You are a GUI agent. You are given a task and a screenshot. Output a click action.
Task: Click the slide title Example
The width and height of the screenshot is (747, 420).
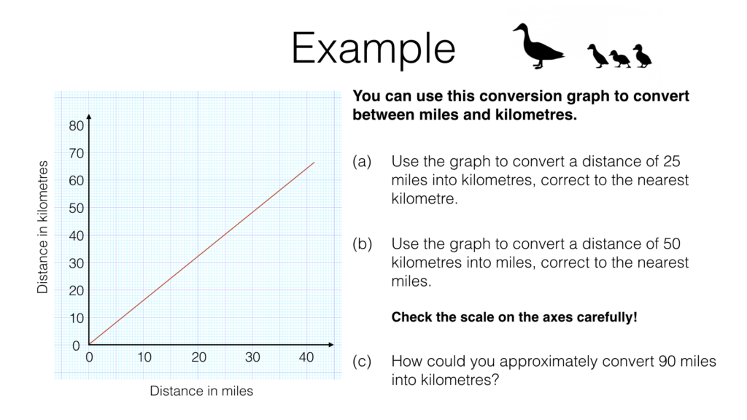373,49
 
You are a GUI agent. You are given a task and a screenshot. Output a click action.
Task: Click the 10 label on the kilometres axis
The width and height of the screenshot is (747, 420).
76,318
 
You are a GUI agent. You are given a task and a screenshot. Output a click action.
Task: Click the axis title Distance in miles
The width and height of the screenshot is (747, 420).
201,391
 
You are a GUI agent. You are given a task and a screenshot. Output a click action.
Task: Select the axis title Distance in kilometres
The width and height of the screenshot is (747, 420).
43,227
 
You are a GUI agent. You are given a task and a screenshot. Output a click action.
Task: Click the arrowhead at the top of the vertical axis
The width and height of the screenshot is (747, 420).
88,116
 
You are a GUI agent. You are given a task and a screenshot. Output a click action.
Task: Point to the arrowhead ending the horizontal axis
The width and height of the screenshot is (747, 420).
331,344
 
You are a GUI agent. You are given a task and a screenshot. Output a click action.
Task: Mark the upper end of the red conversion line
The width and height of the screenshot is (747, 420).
314,162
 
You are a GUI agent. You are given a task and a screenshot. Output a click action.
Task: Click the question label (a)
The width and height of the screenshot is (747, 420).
363,162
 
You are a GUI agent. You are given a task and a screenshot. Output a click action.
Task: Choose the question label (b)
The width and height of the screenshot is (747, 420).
363,244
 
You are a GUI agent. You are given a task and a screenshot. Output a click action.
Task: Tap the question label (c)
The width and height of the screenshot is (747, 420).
363,362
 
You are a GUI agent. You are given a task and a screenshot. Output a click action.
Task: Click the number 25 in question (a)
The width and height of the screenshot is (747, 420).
675,162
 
